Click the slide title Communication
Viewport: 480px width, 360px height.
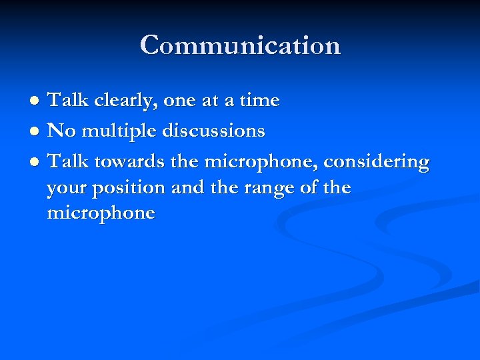240,45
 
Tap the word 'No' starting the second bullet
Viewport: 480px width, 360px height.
62,131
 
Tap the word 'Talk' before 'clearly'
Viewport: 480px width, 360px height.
70,101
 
